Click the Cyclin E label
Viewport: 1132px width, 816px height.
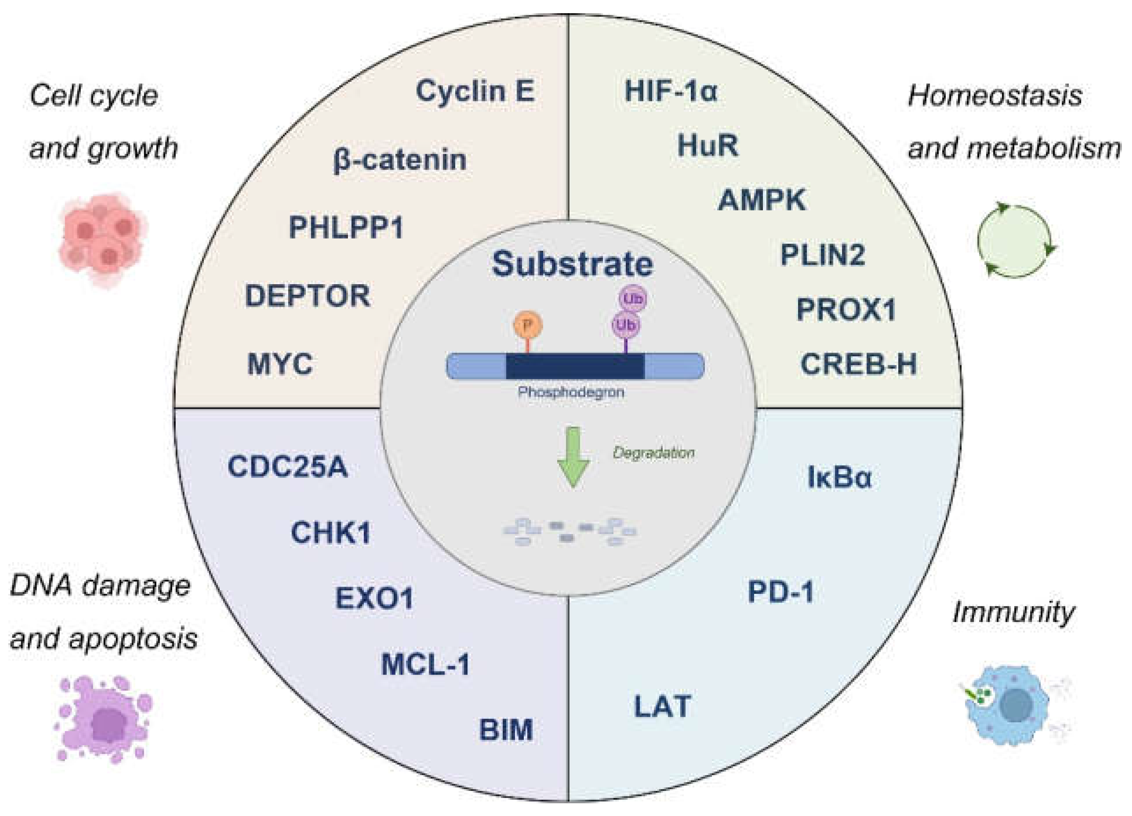coord(475,92)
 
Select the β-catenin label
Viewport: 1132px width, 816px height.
coord(399,161)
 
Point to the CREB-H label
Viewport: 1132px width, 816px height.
coord(859,364)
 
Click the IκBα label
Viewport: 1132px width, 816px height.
coord(839,477)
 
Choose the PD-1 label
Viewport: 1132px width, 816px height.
coord(780,592)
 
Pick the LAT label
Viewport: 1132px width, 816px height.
coord(662,706)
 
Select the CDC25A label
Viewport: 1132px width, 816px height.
coord(287,467)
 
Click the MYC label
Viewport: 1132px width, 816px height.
coord(280,364)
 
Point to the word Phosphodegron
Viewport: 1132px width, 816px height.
coord(571,393)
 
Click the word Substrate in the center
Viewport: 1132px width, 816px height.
coord(573,264)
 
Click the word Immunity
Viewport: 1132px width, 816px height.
coord(1013,612)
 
